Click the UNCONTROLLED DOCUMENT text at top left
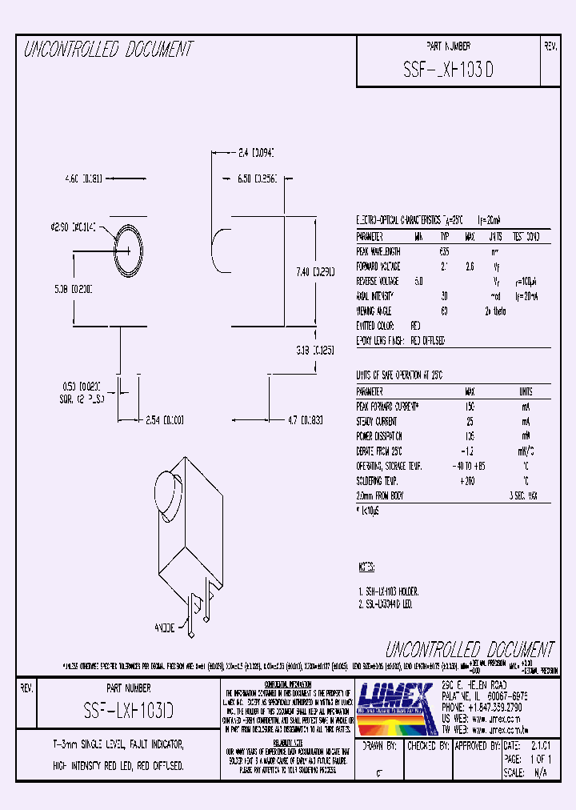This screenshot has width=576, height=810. click(x=108, y=50)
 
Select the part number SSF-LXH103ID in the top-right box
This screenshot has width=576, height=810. click(x=449, y=70)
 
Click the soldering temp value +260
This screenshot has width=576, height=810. click(x=469, y=480)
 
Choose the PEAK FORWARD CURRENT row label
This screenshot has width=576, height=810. click(x=388, y=407)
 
